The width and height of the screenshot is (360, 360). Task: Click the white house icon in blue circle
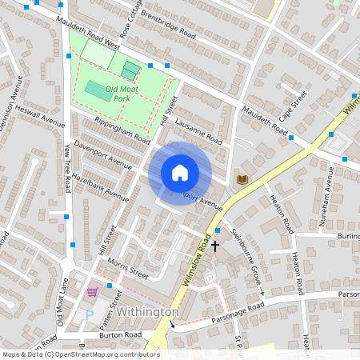click(180, 173)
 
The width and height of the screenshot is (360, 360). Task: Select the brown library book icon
click(242, 178)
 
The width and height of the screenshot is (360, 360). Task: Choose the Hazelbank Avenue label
click(100, 186)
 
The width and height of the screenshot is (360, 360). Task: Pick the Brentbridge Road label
click(167, 26)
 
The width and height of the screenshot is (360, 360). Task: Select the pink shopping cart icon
click(92, 291)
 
